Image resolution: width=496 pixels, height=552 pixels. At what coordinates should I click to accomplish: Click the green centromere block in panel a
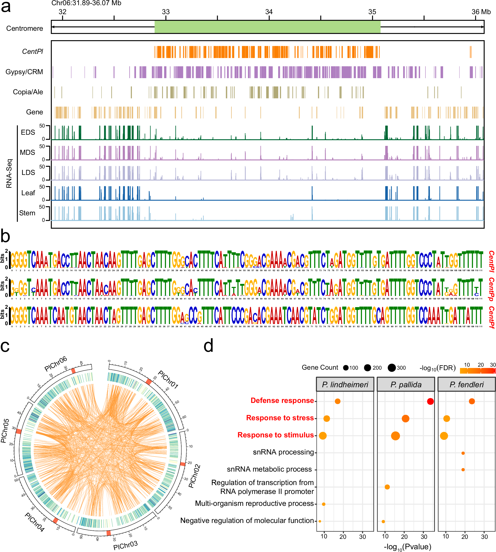(x=267, y=27)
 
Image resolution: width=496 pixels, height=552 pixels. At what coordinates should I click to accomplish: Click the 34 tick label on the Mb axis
(x=269, y=12)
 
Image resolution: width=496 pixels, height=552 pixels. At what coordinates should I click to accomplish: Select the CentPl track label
(x=33, y=51)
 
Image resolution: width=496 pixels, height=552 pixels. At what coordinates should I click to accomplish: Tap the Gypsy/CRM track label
(x=24, y=72)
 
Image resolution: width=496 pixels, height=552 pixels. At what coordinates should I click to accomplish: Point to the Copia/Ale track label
(x=28, y=92)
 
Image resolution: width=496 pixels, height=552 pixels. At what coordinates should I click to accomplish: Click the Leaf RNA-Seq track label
(x=28, y=193)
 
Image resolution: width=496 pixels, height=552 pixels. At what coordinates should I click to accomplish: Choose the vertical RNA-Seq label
(x=9, y=173)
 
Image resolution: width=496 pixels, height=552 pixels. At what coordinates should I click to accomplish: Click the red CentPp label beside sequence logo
(x=491, y=289)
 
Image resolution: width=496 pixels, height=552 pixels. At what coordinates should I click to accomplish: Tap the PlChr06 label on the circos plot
(x=56, y=364)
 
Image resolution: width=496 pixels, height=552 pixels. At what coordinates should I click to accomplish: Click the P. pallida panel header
(x=406, y=385)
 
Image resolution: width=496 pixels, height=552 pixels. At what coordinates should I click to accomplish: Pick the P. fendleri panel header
(x=466, y=385)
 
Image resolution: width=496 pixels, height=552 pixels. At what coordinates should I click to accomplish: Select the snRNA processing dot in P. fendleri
(x=463, y=453)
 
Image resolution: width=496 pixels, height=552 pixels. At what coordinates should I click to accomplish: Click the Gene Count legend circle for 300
(x=392, y=368)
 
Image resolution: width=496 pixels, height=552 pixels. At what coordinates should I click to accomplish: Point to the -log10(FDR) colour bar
(x=477, y=370)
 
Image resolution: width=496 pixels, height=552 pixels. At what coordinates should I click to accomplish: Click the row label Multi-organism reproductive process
(x=254, y=504)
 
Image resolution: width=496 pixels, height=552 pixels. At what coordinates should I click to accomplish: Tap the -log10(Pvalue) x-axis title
(x=407, y=547)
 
